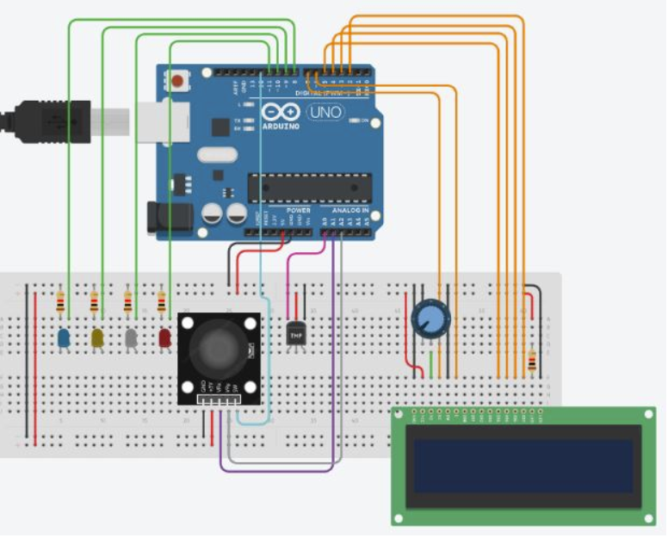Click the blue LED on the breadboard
(x=64, y=338)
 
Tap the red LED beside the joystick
(x=164, y=338)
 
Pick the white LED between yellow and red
(x=131, y=338)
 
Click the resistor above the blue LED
(x=60, y=302)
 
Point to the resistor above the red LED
(x=162, y=302)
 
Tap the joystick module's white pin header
(x=218, y=400)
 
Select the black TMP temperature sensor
(x=296, y=331)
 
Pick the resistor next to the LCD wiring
(x=531, y=362)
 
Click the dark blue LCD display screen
(x=524, y=466)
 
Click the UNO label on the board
(x=325, y=112)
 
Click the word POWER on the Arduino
(x=298, y=210)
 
